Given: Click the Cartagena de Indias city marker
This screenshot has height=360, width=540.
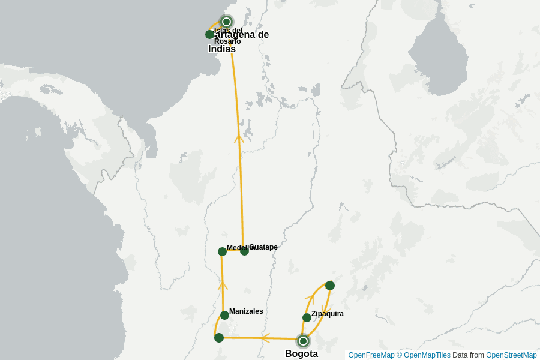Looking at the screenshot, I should [x=226, y=22].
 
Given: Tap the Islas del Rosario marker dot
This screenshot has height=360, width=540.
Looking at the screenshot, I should [x=209, y=34].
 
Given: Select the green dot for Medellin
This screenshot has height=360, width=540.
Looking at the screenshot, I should [x=222, y=251].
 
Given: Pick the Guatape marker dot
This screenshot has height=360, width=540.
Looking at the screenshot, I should [x=244, y=251].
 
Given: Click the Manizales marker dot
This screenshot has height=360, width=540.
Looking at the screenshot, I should [x=224, y=315].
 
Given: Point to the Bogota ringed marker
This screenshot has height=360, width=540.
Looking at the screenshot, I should [x=303, y=341].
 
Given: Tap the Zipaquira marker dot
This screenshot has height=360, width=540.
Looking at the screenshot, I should [x=307, y=317].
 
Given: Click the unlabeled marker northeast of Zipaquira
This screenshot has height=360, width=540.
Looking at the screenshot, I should [x=329, y=285].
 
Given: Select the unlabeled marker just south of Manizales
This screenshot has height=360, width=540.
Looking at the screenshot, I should [x=219, y=338].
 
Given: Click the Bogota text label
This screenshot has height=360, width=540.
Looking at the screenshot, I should [x=301, y=354].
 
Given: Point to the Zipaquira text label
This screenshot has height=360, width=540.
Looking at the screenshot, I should [x=328, y=314].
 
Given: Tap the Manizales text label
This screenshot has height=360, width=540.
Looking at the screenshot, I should [x=246, y=311].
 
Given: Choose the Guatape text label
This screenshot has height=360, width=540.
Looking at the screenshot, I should [x=265, y=247].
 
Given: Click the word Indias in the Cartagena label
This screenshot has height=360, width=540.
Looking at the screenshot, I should [x=222, y=49].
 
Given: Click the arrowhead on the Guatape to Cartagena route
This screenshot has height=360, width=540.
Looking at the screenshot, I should [x=239, y=138].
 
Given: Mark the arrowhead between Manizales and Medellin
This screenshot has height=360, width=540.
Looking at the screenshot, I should [x=223, y=285].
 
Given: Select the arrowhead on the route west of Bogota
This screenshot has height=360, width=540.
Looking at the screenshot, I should [x=265, y=338].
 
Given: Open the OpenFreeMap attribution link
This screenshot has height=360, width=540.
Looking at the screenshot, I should [x=371, y=355].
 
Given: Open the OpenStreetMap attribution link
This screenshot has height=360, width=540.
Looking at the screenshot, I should [x=511, y=355].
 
